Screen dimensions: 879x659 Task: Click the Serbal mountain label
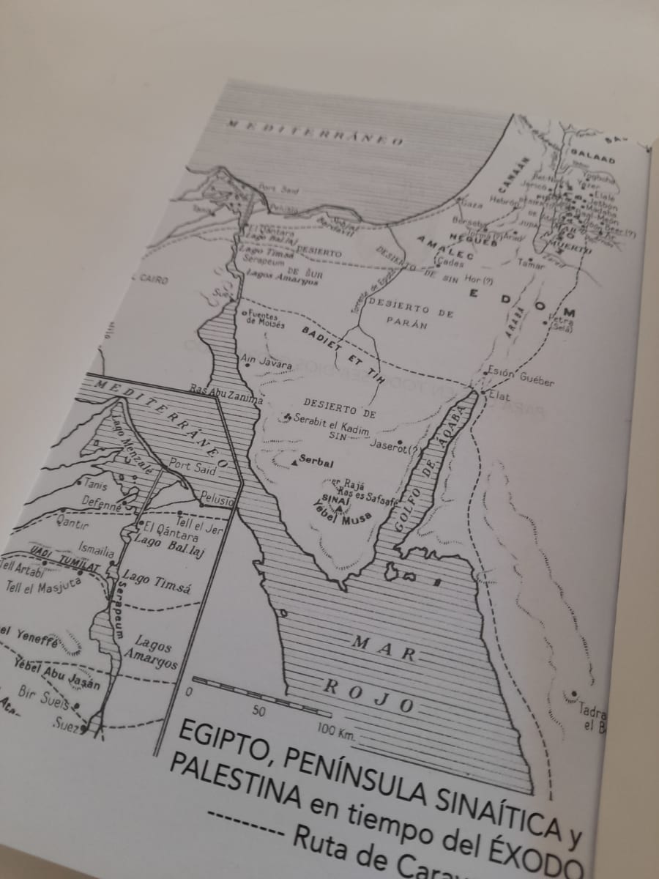[319, 464]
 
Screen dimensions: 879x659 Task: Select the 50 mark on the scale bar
[258, 710]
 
